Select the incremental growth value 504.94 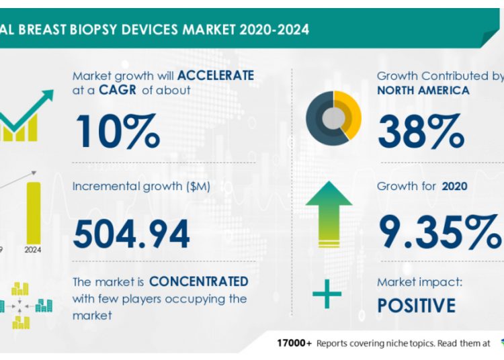pyautogui.click(x=131, y=234)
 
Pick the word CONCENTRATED pyautogui.click(x=198, y=281)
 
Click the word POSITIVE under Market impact pyautogui.click(x=416, y=306)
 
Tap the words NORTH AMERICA pyautogui.click(x=423, y=90)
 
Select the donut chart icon pyautogui.click(x=334, y=116)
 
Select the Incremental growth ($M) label pyautogui.click(x=142, y=186)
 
